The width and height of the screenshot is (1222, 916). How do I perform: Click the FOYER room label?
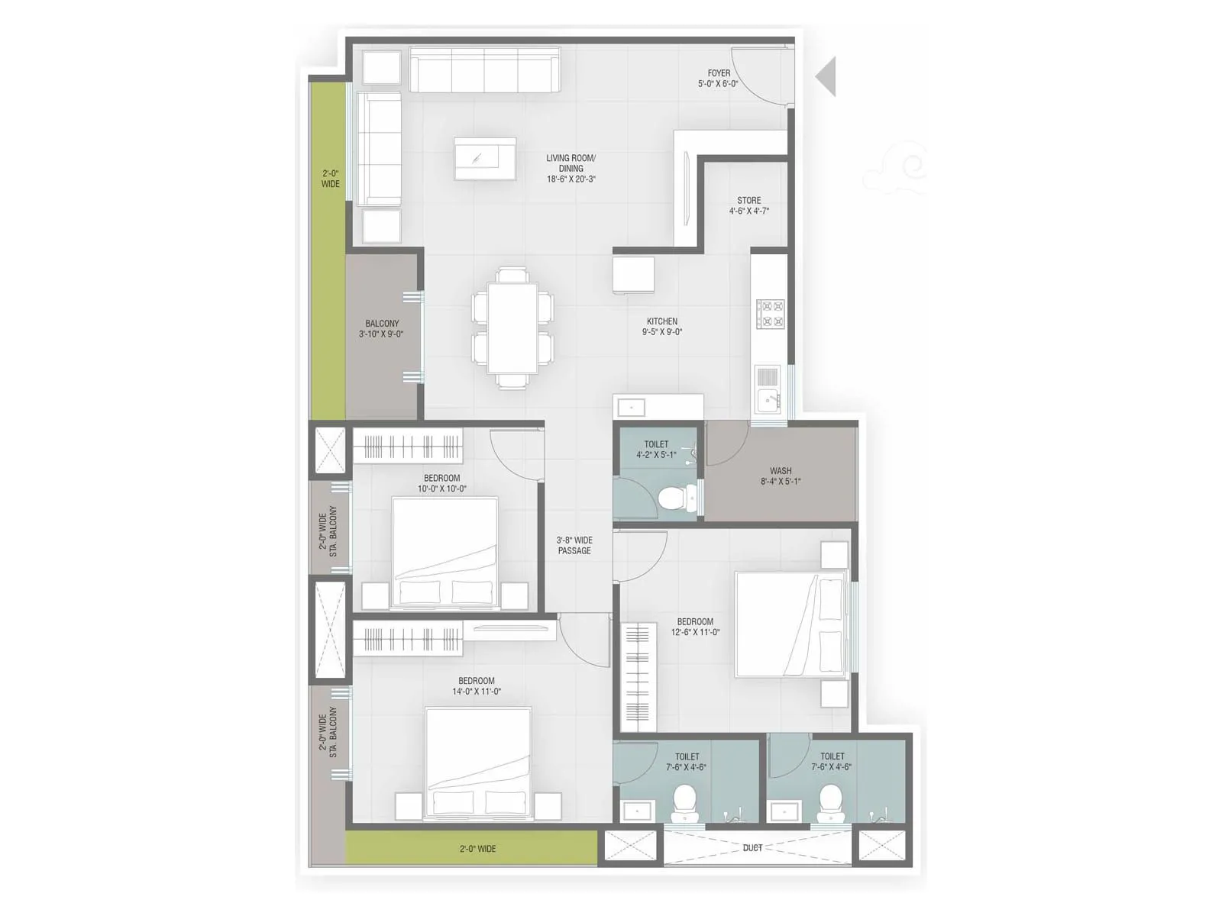click(718, 74)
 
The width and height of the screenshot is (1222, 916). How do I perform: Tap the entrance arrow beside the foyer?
click(826, 76)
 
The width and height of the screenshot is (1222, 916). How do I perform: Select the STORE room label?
click(748, 201)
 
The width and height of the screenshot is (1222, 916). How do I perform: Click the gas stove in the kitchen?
click(770, 314)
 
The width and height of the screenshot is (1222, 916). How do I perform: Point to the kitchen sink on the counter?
click(768, 398)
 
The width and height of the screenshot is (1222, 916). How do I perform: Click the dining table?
click(512, 328)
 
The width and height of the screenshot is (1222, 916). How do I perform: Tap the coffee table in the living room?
click(484, 159)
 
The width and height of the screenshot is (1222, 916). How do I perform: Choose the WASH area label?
click(781, 471)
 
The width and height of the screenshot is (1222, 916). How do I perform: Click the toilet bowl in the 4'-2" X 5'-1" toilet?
click(673, 499)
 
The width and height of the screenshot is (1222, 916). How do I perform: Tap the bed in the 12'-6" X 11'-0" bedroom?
click(790, 624)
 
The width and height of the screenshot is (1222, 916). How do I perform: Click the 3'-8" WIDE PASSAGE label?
click(574, 545)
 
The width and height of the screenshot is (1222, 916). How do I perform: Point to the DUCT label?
click(752, 848)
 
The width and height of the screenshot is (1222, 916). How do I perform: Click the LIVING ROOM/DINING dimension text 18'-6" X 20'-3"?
click(571, 179)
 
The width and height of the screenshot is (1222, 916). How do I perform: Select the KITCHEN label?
click(661, 321)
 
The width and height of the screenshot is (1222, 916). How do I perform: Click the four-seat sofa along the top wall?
click(484, 70)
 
